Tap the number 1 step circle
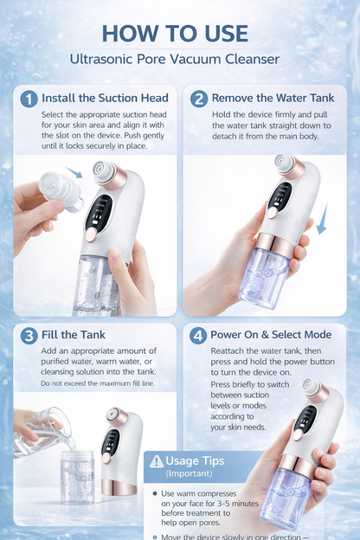click(29, 99)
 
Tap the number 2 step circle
click(198, 99)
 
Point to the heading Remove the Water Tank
click(273, 99)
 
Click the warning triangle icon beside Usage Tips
click(156, 462)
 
